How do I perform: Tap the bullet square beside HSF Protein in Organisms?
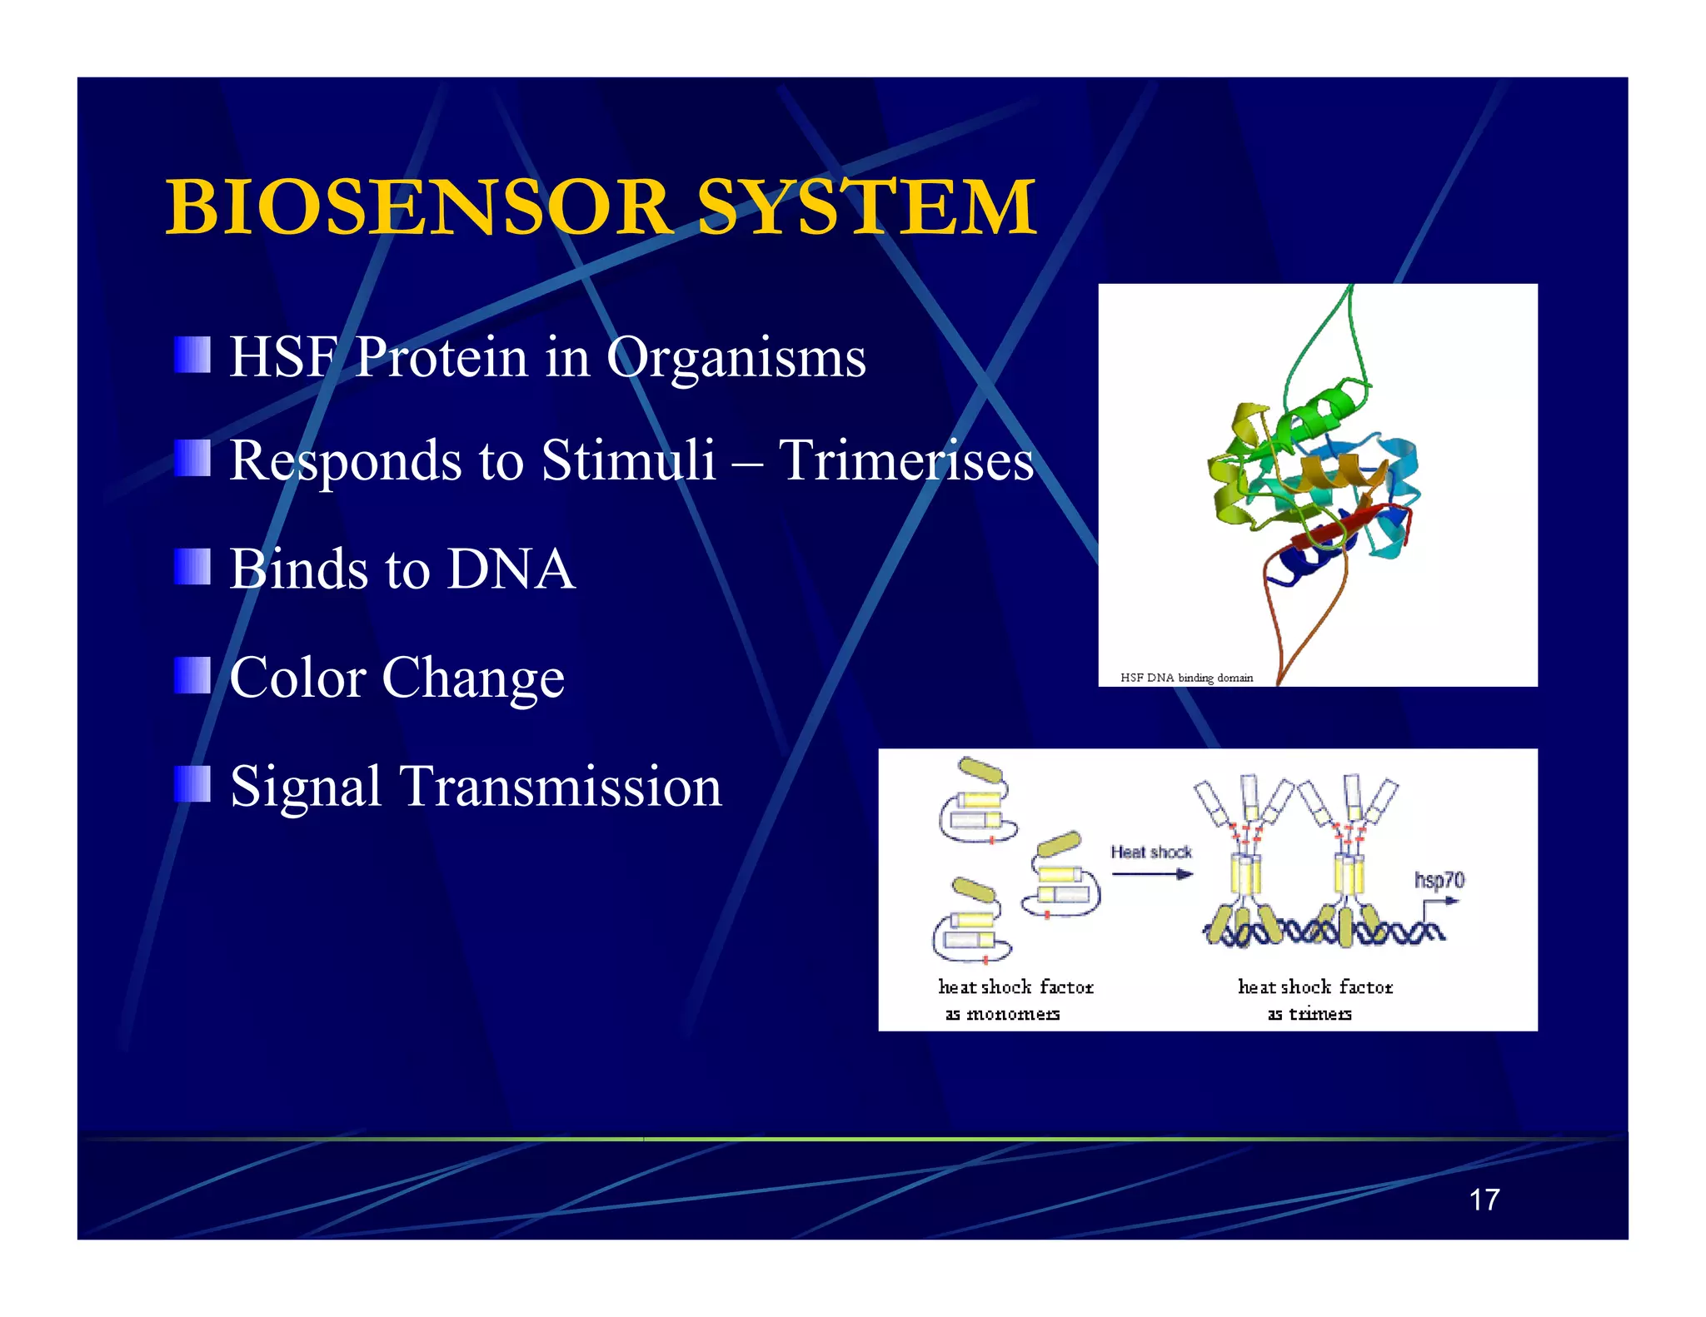[192, 355]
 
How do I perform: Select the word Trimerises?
[905, 460]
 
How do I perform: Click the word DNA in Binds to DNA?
[511, 569]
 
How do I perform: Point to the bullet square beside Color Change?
[192, 675]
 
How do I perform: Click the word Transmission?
[561, 787]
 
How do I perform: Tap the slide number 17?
[1484, 1200]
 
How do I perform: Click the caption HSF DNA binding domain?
[1186, 678]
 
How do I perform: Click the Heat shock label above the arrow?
[1150, 852]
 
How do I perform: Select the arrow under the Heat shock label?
[1152, 874]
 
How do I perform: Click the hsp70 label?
[1439, 880]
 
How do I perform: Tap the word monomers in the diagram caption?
[1013, 1014]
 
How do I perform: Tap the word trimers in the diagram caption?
[1320, 1014]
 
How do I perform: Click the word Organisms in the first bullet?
[736, 357]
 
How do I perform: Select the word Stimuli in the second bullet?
[628, 460]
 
